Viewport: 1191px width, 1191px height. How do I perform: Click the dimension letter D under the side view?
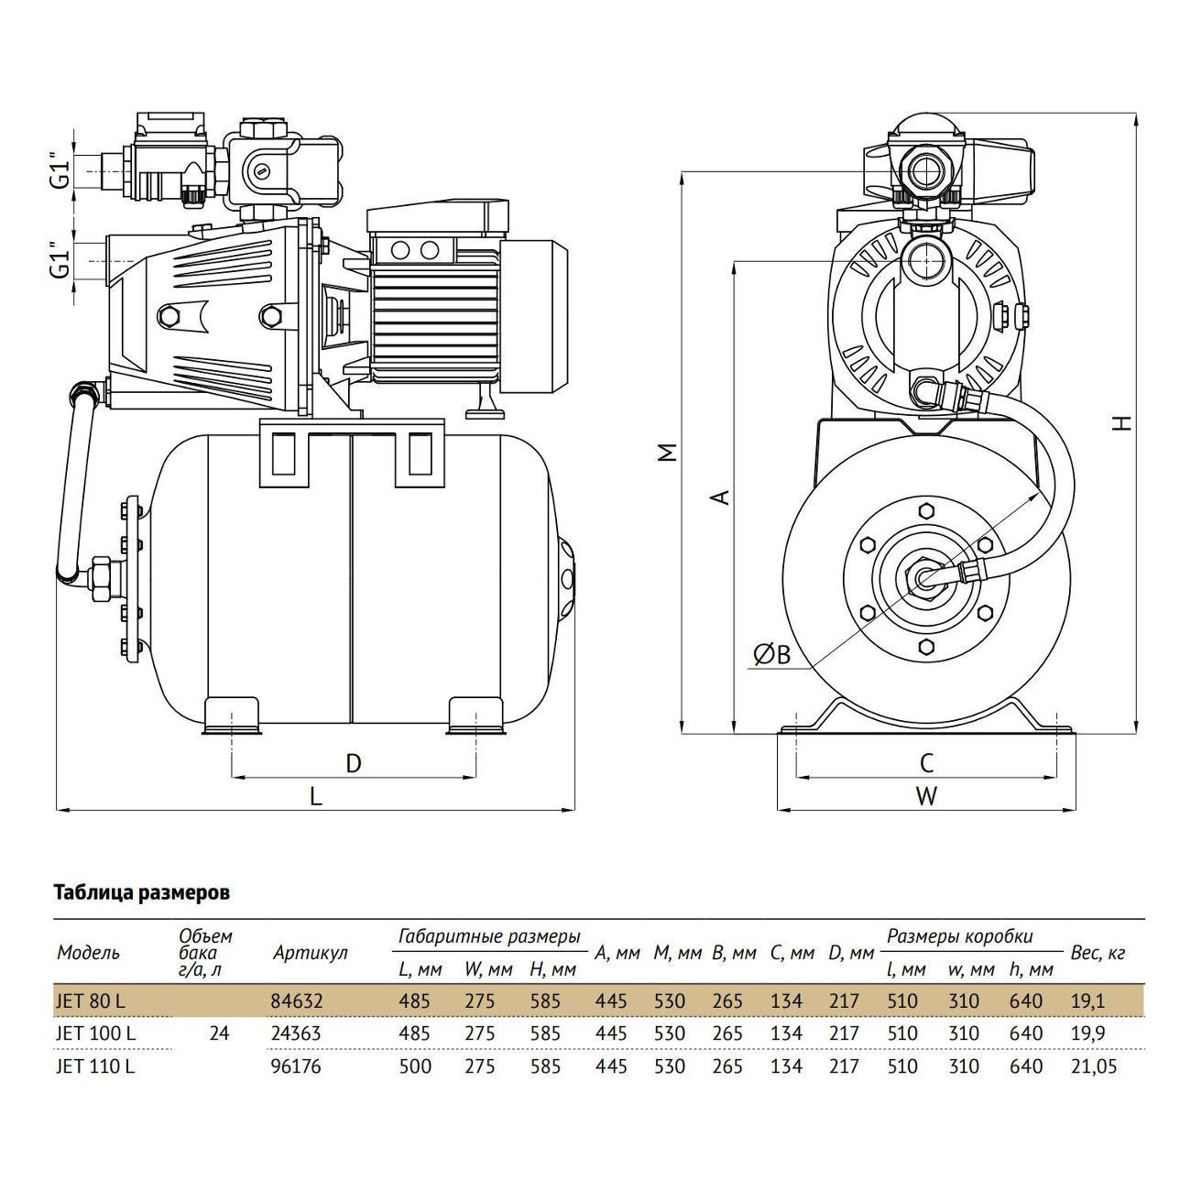pyautogui.click(x=353, y=763)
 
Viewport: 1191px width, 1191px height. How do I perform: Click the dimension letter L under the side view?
pyautogui.click(x=316, y=796)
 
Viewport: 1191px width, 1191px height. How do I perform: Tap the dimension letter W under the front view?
pyautogui.click(x=926, y=796)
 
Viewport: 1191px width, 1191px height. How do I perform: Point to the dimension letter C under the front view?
pyautogui.click(x=926, y=763)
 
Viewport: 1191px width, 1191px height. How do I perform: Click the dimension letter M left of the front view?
pyautogui.click(x=668, y=453)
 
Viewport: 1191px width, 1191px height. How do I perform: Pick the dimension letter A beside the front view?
pyautogui.click(x=721, y=497)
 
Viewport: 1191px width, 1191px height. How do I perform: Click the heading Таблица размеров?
pyautogui.click(x=142, y=893)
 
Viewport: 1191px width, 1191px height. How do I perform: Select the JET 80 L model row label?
pyautogui.click(x=90, y=1000)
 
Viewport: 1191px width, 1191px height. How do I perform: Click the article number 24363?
pyautogui.click(x=296, y=1033)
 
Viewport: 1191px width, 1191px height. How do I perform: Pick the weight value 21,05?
pyautogui.click(x=1094, y=1066)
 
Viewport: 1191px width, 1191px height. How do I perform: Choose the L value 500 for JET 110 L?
pyautogui.click(x=415, y=1066)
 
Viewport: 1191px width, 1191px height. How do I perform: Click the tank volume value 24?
pyautogui.click(x=219, y=1033)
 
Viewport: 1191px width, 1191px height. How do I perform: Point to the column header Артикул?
pyautogui.click(x=311, y=953)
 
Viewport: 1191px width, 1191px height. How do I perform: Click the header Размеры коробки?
pyautogui.click(x=960, y=936)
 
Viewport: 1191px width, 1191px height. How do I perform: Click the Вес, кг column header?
pyautogui.click(x=1098, y=953)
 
